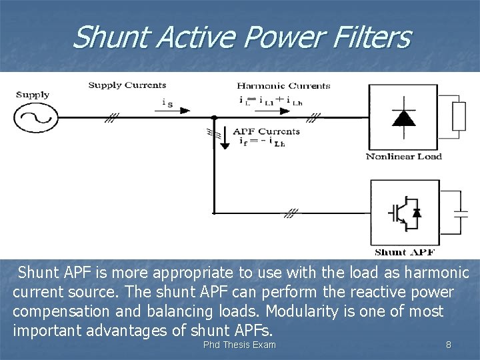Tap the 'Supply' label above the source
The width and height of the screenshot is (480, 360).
(x=33, y=95)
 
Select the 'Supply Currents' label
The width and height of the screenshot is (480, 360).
(x=127, y=85)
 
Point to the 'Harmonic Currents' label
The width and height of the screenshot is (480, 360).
(x=283, y=85)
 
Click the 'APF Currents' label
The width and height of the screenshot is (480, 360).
(x=265, y=131)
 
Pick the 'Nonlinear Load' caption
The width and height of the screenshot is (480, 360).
(x=404, y=157)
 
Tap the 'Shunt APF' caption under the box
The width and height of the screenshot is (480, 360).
(x=404, y=252)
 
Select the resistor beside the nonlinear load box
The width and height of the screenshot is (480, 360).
(x=459, y=117)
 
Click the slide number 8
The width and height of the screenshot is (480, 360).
(x=449, y=345)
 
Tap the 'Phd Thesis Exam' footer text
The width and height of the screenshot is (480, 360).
(x=239, y=345)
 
